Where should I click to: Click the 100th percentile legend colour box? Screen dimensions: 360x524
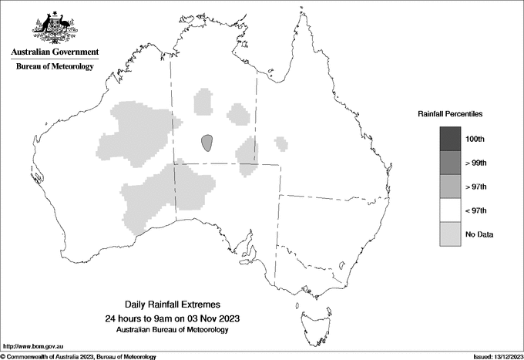[451, 139]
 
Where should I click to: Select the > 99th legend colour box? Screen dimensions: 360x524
[451, 163]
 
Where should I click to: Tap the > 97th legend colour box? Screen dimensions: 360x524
[451, 187]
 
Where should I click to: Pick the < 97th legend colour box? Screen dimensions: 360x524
[451, 210]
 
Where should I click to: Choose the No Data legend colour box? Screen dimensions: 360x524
[451, 234]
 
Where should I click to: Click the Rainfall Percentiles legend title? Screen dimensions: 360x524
[450, 113]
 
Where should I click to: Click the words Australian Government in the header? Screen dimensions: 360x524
[55, 52]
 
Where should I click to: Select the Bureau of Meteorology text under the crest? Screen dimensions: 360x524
[55, 67]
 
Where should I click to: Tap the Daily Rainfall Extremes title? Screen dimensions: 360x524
[172, 305]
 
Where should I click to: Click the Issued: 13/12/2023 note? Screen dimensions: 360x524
[495, 356]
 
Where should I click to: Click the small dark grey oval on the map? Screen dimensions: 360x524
[207, 142]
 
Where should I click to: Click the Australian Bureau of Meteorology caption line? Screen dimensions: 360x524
[172, 330]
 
